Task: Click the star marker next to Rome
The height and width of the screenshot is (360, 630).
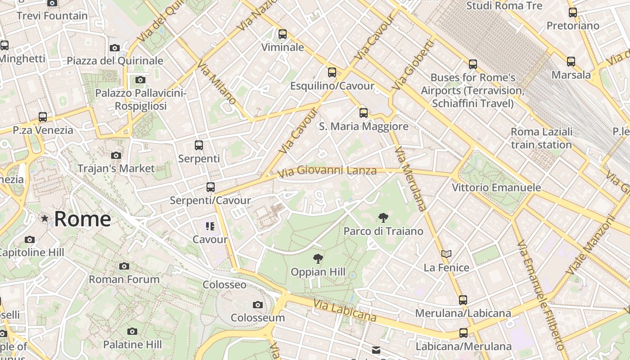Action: tap(45, 219)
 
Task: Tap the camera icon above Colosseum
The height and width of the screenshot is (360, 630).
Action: tap(258, 305)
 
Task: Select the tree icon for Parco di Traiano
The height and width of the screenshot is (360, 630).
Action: tap(383, 218)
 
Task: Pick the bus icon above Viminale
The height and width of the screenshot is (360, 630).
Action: tap(283, 34)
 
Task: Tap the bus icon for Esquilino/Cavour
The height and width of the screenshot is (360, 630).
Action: tap(332, 72)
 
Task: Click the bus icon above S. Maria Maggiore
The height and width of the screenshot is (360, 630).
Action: tap(364, 113)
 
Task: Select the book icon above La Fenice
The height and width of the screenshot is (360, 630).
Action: tap(446, 255)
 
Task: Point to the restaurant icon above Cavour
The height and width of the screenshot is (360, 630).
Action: tap(210, 226)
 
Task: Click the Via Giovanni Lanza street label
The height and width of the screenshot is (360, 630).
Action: tap(327, 171)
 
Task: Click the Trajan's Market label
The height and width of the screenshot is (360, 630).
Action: tap(116, 169)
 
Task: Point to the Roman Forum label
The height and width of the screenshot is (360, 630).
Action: tap(124, 279)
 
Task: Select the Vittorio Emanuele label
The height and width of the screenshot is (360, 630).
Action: tap(496, 187)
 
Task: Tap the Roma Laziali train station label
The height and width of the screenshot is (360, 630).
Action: tap(541, 138)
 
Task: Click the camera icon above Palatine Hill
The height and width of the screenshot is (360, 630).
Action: tap(132, 332)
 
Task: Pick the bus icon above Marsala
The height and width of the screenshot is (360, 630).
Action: tap(571, 62)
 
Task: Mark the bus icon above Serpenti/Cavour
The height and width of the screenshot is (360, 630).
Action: tap(211, 187)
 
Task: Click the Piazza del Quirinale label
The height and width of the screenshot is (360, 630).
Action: tap(115, 61)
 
